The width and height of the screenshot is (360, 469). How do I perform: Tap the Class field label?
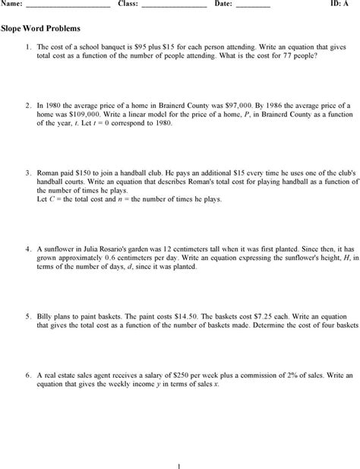pos(128,5)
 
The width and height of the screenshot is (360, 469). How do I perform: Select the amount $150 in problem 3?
pos(80,173)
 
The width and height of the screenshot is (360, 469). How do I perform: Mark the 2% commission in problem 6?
pos(286,376)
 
